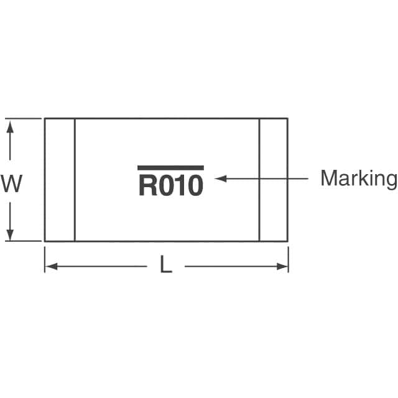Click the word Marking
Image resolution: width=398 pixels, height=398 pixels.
coord(358,179)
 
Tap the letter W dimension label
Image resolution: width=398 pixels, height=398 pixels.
coord(11,184)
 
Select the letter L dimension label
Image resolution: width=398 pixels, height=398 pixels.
coord(166,266)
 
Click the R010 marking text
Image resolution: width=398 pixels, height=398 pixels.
coord(170,186)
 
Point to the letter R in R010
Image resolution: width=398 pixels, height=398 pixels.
coord(147,186)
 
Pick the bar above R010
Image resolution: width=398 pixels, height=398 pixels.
coord(170,168)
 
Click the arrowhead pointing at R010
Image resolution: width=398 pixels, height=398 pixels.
coord(219,178)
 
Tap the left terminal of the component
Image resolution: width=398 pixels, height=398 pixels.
coord(60,179)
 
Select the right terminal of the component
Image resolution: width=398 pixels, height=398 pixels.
coord(273,179)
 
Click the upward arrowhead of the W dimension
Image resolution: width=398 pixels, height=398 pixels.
coord(10,126)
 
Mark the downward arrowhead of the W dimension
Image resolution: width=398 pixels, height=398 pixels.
coord(10,234)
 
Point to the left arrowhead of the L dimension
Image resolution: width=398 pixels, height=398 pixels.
coord(50,267)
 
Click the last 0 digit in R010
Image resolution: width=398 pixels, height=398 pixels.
coord(195,186)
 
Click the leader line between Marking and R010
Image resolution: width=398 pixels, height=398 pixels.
coord(267,178)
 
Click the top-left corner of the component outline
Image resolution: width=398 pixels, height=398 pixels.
coord(45,118)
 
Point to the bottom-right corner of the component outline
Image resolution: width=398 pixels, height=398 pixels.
coord(287,241)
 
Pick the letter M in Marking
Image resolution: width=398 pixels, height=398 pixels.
coord(328,178)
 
